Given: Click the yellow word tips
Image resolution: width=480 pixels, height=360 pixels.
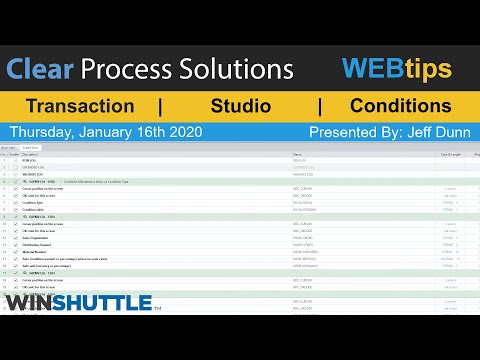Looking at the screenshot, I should point(429,69).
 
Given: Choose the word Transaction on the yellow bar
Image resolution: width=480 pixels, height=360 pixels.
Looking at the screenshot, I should point(80,106).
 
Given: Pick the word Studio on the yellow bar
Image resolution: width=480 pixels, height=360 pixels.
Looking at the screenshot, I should point(240,106).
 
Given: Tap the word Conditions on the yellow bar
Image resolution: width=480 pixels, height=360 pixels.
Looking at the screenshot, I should point(400,106).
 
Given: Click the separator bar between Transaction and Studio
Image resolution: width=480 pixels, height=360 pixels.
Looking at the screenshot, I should point(161,106).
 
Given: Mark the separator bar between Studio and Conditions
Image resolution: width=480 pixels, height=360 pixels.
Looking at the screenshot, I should point(320,106).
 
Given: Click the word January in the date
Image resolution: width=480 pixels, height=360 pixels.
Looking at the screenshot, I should point(116,132).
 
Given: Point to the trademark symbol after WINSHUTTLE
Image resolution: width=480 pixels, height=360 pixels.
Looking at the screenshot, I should point(157,308).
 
